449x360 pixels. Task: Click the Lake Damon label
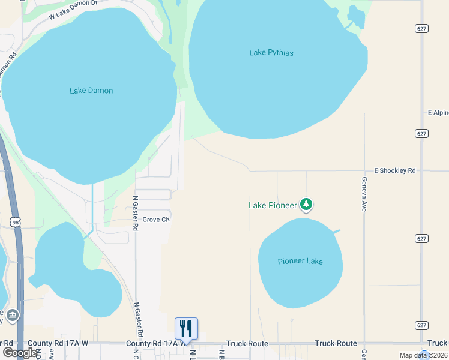[91, 91]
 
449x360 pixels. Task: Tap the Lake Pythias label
[271, 53]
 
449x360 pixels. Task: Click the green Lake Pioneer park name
[273, 205]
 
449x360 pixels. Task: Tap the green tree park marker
[307, 205]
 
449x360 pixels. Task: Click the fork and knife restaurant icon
[186, 328]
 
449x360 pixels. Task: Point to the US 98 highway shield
[16, 222]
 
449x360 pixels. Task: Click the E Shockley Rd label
[394, 170]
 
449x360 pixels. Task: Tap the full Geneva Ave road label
[364, 193]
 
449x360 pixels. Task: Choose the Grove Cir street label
[156, 220]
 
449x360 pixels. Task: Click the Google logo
[20, 352]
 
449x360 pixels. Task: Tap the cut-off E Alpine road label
[438, 112]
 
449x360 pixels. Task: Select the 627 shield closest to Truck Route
[421, 325]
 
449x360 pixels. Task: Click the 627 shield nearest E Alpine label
[421, 133]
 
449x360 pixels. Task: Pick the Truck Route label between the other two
[336, 343]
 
